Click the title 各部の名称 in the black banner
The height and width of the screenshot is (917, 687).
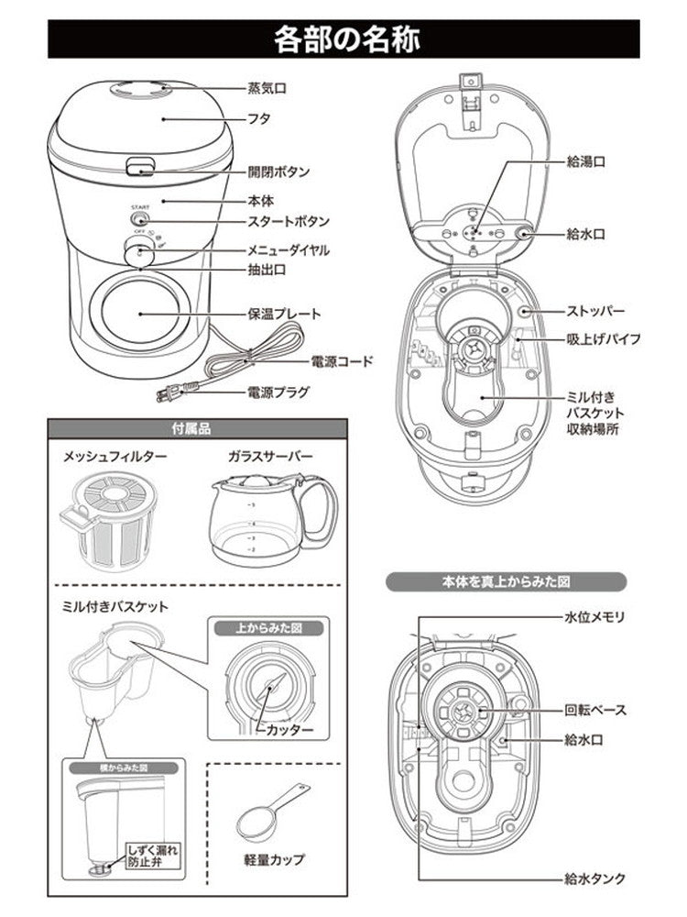pos(343,40)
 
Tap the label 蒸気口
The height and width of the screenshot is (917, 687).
pos(267,88)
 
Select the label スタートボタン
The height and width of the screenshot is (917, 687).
pos(289,222)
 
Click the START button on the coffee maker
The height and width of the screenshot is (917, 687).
pos(139,220)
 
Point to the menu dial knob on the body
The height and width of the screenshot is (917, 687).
pos(139,250)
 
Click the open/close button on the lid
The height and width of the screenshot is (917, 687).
pos(139,166)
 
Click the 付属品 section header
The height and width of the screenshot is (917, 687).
pos(196,428)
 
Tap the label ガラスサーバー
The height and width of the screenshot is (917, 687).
pos(270,456)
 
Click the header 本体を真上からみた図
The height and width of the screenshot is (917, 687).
pos(506,580)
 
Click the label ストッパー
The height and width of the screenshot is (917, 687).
pos(595,310)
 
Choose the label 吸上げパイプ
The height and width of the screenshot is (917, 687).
pos(603,338)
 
